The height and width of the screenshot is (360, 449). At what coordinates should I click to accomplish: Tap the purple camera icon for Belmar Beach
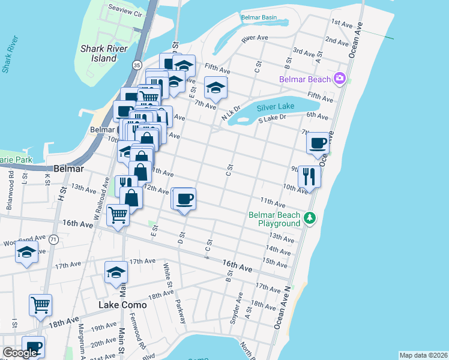coord(340,79)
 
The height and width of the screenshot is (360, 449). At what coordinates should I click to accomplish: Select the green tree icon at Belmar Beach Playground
coord(309,218)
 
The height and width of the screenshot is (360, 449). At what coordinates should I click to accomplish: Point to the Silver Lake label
coord(276,107)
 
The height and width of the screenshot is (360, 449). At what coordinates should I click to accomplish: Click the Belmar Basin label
coord(259,17)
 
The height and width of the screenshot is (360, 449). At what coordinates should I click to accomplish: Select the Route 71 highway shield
coord(54,239)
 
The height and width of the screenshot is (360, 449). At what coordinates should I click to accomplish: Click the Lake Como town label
coord(122,305)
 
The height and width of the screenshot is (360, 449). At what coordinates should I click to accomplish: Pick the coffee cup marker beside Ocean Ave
coord(318,144)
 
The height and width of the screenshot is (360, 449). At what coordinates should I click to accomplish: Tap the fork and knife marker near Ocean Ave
coord(309,177)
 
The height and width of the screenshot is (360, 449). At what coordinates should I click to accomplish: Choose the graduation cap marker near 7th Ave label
coord(215,89)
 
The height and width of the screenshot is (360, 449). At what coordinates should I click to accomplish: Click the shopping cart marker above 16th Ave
coord(118,214)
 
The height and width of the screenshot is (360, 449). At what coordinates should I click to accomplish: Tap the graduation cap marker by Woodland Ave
coord(26,253)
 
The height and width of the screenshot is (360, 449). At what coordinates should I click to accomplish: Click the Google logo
coord(20,353)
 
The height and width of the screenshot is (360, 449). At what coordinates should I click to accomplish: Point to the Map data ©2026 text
coord(423,355)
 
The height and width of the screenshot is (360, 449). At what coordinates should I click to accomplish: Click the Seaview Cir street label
coord(125,11)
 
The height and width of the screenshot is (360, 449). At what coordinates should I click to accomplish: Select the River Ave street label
coord(254,38)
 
